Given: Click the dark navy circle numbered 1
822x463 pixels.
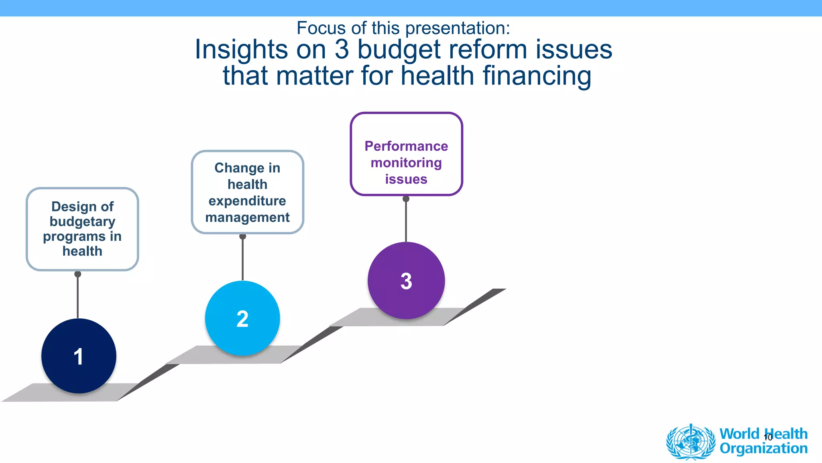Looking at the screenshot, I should (x=79, y=356).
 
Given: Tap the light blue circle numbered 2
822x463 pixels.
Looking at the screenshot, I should (x=242, y=318).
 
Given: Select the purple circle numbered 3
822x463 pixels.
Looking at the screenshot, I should (x=406, y=281).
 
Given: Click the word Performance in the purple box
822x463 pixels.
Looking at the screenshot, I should (x=406, y=146).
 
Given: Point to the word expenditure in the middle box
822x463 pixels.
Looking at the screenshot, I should (x=247, y=201).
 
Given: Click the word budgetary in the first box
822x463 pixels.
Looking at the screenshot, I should (x=83, y=221).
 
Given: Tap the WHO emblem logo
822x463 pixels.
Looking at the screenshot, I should (x=690, y=442).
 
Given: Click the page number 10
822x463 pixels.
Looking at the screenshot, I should (x=768, y=438).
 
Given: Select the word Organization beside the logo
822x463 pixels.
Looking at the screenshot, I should (x=763, y=449).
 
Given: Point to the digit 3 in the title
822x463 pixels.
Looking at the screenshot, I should (x=342, y=50).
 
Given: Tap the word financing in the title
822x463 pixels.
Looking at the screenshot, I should (x=537, y=76).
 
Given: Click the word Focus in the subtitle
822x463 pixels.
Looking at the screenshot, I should (x=321, y=28).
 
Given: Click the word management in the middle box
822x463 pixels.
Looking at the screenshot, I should (x=247, y=217).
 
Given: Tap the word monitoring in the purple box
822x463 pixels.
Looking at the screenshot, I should (x=406, y=163).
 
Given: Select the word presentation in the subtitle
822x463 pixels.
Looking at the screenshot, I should (x=458, y=28).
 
